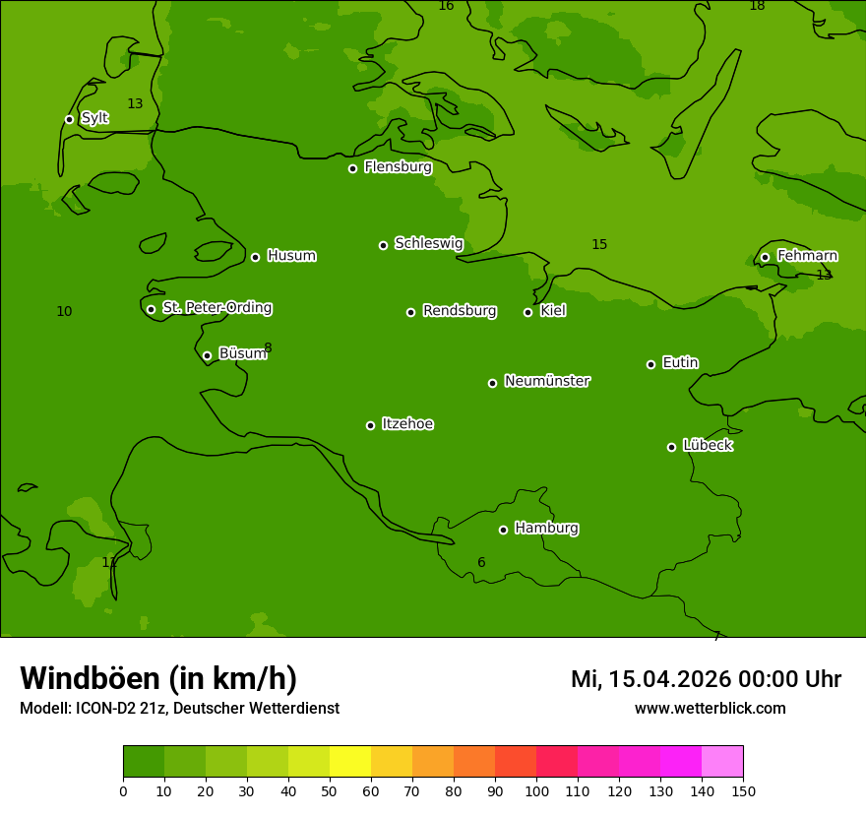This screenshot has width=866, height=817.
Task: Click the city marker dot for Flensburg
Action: pos(352,168)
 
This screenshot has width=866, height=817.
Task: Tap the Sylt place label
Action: pos(94,118)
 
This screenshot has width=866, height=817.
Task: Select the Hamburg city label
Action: pos(546,528)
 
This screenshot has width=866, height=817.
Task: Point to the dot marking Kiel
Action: pos(527,312)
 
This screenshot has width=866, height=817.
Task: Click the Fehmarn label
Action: pos(807,256)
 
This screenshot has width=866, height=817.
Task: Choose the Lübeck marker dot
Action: pos(671,447)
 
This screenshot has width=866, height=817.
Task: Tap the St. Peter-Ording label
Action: pos(216,307)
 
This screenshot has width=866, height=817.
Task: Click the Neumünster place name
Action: pos(547,381)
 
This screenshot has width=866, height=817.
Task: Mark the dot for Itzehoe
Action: pos(370,425)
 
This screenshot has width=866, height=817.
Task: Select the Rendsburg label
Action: pos(460,311)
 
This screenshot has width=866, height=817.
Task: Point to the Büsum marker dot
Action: pos(207,355)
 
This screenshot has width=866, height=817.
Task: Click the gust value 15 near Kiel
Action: pos(599,244)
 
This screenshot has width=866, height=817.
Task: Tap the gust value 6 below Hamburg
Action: pos(481,562)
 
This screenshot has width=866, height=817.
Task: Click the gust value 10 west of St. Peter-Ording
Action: pos(64,311)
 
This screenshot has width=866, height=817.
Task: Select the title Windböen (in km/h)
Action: pos(158,678)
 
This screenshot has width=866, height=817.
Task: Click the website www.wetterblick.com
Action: pos(710,708)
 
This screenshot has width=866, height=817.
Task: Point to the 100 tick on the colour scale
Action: pos(536,790)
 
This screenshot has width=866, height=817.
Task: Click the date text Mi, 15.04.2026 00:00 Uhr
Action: pos(706,679)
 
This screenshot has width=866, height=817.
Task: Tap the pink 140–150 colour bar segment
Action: pos(722,762)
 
